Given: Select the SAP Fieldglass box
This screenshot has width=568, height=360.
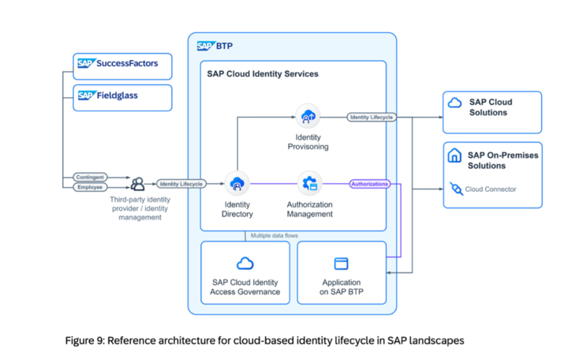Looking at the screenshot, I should (123, 97).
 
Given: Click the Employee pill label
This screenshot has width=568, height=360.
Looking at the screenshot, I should (90, 187).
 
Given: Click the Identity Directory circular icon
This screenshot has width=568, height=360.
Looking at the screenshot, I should (235, 184).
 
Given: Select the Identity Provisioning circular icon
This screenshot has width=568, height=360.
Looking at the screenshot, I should (307, 117).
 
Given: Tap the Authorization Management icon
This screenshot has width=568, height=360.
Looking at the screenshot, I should (308, 184).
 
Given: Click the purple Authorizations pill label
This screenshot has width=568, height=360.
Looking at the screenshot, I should (369, 184).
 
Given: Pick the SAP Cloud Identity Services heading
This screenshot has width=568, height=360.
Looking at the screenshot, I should (262, 74).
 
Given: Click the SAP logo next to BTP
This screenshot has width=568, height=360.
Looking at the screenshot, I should (206, 46).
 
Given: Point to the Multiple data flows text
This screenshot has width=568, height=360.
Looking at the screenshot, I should (275, 235).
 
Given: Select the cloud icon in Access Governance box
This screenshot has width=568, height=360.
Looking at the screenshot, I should (245, 263).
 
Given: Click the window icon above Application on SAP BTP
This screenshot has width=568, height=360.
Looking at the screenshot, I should (341, 263).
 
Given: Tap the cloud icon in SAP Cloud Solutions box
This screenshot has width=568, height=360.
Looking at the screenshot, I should (454, 103).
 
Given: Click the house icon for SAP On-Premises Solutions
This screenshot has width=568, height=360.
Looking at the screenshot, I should (454, 156).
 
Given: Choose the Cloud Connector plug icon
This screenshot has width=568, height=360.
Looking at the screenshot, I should (454, 189).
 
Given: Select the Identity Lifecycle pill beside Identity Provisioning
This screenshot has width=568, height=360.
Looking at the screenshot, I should (370, 117).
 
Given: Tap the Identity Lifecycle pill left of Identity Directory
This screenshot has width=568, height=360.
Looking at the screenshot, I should (181, 184).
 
